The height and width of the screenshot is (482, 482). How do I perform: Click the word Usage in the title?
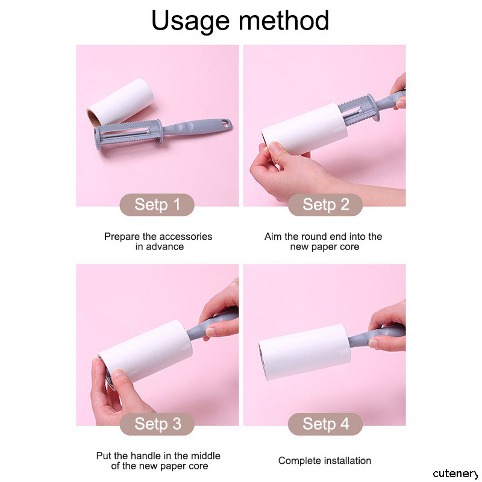coord(190,21)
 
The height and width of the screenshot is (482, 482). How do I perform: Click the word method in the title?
coord(284,20)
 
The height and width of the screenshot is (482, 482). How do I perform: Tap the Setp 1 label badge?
coord(157,205)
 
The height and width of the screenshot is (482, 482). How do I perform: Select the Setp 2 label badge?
coord(325,205)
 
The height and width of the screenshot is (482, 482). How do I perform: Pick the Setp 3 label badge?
coord(157,424)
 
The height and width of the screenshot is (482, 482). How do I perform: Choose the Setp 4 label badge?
coord(325,424)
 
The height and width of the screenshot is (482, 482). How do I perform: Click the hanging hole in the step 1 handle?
coord(227,124)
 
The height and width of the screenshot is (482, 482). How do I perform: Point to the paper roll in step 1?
coord(120,102)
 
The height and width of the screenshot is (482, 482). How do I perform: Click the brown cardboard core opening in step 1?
coord(93,118)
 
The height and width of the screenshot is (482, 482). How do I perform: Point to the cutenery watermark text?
coord(455,474)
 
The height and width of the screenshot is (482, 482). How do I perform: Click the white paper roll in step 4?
coord(304,352)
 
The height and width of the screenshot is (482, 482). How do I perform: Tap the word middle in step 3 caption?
coord(205,455)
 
